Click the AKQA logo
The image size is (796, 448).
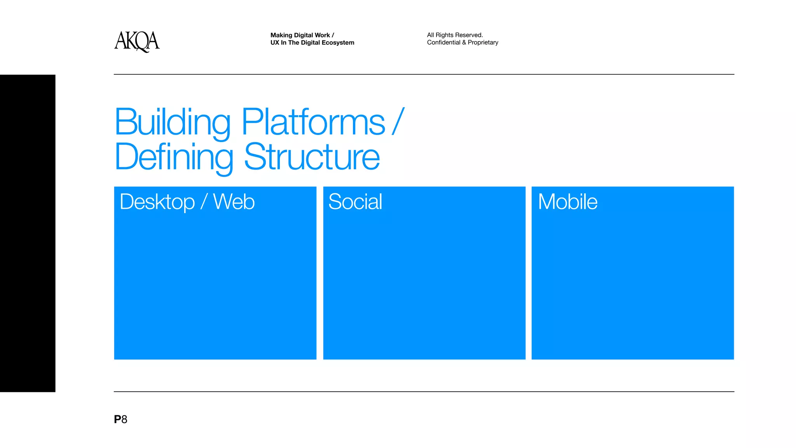click(137, 41)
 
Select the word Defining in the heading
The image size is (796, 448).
click(174, 157)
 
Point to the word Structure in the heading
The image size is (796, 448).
click(312, 157)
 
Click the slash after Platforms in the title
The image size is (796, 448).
click(398, 121)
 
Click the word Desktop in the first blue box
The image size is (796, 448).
click(157, 202)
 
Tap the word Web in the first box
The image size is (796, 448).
click(234, 202)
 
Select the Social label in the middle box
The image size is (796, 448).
click(355, 202)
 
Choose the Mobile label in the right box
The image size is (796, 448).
click(567, 202)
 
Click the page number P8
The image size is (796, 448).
click(120, 419)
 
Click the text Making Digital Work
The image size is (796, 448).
click(300, 35)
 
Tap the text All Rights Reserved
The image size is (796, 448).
click(455, 35)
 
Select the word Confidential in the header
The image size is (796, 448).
click(443, 42)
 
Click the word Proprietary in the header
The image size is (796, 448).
click(483, 42)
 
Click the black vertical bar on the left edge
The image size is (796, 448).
click(28, 233)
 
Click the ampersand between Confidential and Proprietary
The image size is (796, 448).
click(464, 42)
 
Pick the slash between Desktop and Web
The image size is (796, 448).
click(204, 202)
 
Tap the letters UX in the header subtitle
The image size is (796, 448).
click(275, 42)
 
